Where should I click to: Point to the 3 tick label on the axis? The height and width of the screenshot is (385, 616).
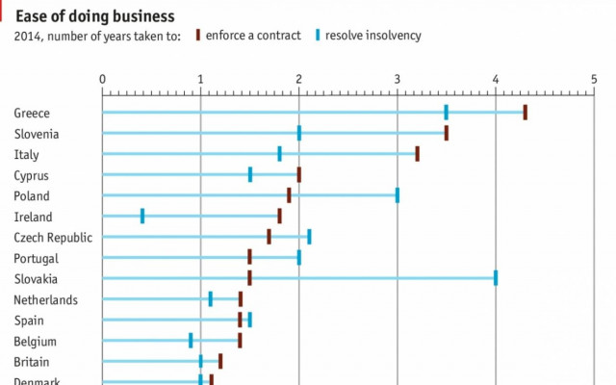(397, 78)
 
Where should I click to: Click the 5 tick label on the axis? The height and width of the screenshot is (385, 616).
(594, 78)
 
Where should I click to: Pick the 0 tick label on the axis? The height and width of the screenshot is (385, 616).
(102, 78)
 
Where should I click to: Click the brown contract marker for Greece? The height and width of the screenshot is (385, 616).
(525, 113)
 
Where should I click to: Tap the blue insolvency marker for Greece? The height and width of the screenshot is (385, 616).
(446, 113)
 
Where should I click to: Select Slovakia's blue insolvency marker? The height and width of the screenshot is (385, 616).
(496, 278)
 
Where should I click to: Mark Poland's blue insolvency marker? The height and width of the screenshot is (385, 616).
(397, 195)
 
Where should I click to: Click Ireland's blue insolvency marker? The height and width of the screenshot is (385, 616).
(142, 216)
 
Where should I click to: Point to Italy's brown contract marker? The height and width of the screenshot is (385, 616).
(417, 154)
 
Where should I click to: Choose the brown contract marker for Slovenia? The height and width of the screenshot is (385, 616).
(446, 133)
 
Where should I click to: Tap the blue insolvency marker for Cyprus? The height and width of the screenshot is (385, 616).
(250, 174)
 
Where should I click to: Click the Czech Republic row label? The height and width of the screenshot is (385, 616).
(53, 237)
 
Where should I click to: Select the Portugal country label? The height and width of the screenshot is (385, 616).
(36, 258)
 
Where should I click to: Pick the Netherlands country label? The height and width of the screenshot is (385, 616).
(45, 299)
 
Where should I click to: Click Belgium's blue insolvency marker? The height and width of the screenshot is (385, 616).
(191, 340)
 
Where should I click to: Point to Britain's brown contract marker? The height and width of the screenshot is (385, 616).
(220, 361)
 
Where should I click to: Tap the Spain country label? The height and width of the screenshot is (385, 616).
(29, 320)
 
